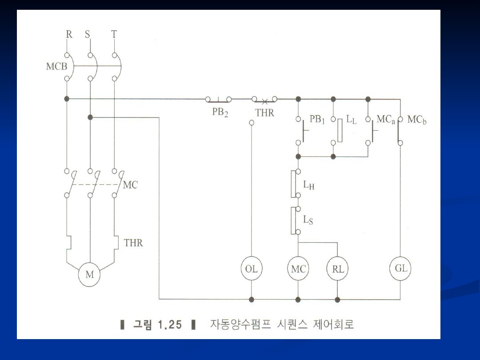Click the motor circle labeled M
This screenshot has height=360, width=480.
(x=90, y=275)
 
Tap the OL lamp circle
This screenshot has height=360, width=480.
(x=252, y=269)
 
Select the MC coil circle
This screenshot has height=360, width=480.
(x=298, y=269)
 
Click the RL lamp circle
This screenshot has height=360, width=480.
(x=338, y=269)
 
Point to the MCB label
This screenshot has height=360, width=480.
(x=56, y=67)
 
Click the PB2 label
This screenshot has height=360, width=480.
(x=220, y=112)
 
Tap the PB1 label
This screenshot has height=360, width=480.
(x=317, y=120)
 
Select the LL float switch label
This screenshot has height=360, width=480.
(x=351, y=120)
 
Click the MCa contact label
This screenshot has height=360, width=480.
(x=385, y=120)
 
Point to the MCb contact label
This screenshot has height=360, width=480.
(x=416, y=120)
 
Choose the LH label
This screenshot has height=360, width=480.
(x=308, y=185)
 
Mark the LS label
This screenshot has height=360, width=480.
(x=308, y=220)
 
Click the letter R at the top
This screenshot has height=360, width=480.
(x=69, y=35)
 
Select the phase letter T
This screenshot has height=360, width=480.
(x=114, y=35)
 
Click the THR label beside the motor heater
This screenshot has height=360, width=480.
(x=133, y=243)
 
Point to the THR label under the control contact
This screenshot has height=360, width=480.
(x=264, y=113)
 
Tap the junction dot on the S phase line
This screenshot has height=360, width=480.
(x=90, y=117)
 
